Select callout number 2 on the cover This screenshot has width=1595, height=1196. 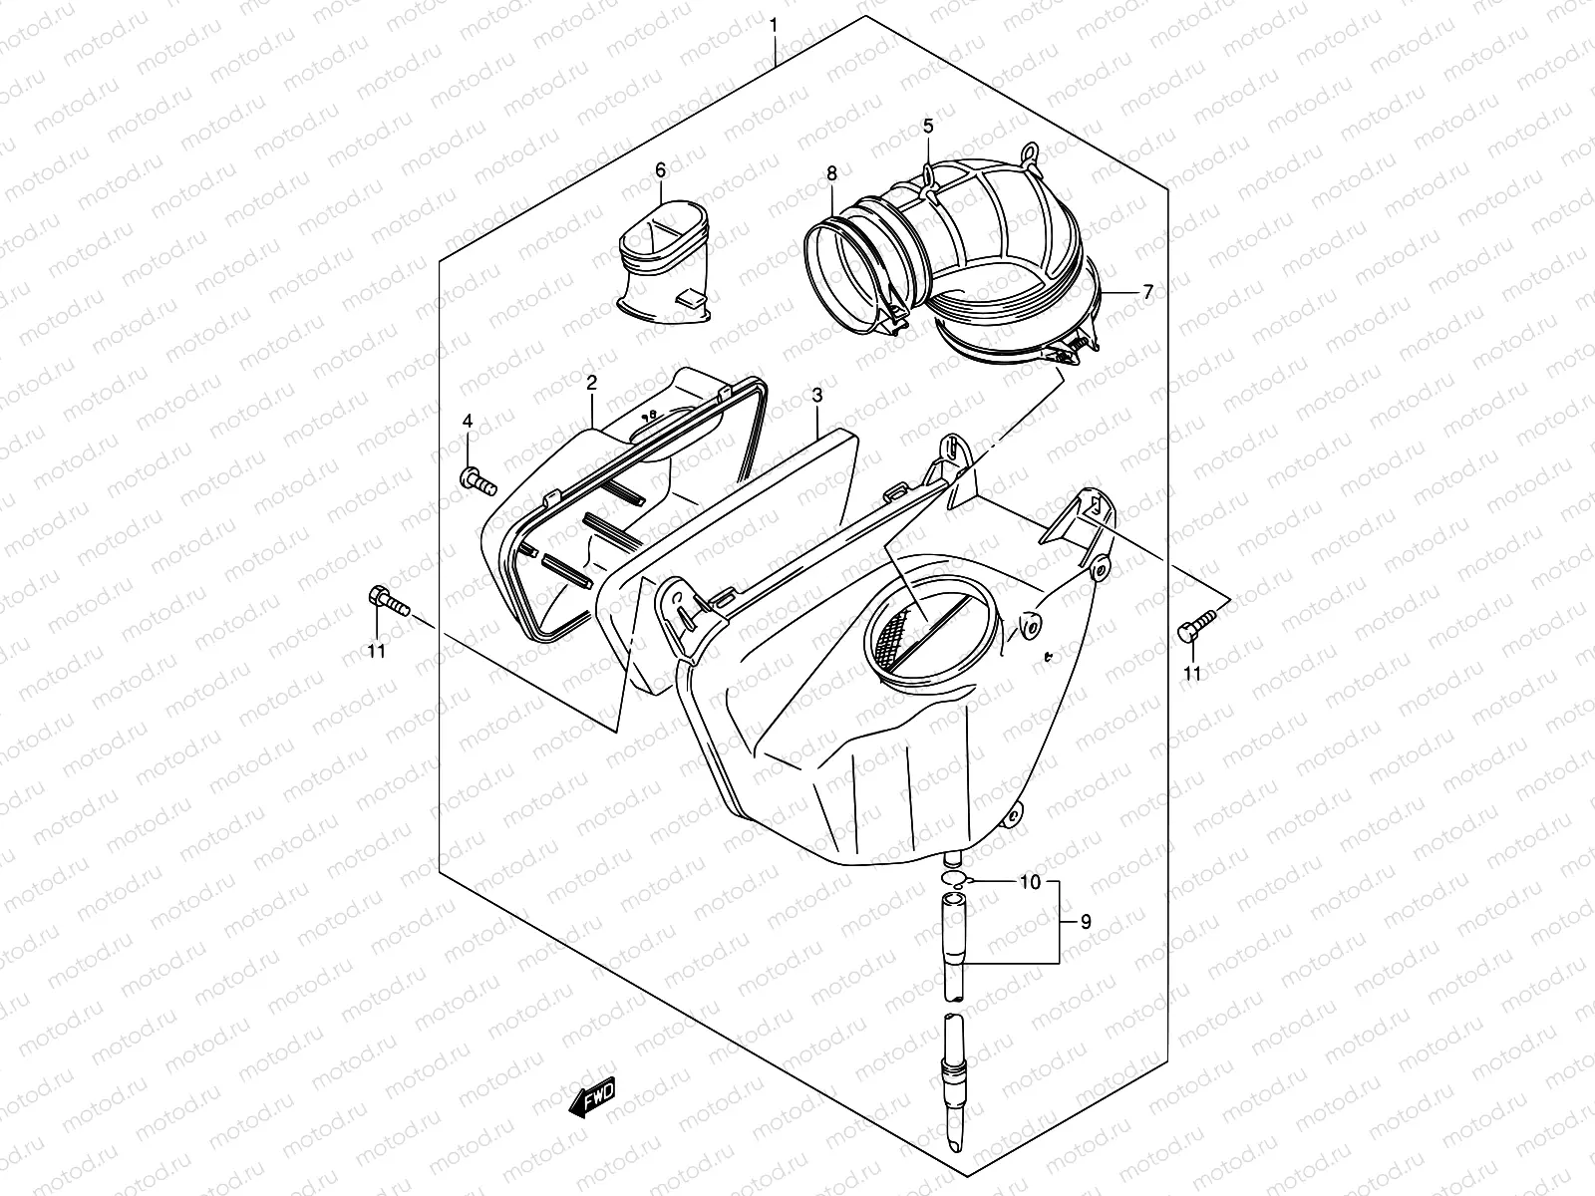click(591, 382)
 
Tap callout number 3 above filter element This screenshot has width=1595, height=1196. click(816, 397)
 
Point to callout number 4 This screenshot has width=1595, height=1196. click(467, 423)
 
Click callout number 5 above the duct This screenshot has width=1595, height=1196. click(928, 126)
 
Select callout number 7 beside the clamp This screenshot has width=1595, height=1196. click(1147, 292)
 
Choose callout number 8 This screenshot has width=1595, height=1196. click(831, 174)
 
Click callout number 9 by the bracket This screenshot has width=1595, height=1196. click(1086, 923)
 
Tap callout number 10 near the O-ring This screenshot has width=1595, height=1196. click(1030, 883)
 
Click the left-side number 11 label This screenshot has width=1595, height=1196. click(378, 653)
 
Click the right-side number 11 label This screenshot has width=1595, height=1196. click(1191, 674)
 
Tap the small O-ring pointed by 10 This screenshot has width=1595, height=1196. click(954, 878)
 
